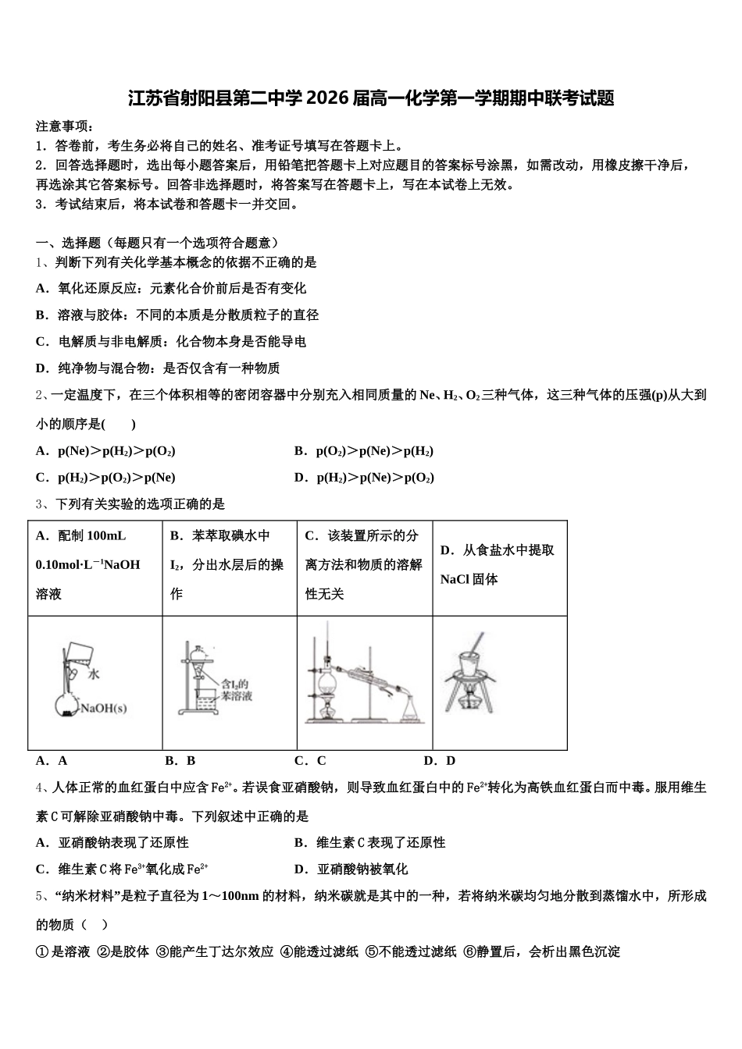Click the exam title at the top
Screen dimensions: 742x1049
click(x=371, y=98)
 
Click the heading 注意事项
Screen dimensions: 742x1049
click(x=65, y=126)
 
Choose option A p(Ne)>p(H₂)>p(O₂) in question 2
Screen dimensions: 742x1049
click(x=105, y=451)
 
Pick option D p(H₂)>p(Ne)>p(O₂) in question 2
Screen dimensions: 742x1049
click(x=364, y=478)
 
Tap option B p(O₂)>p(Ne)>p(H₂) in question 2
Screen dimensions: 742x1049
click(x=364, y=451)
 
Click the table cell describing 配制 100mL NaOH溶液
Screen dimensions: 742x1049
click(x=95, y=565)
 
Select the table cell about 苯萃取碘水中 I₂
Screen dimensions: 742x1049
click(x=229, y=565)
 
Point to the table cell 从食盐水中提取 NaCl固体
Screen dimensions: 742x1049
click(x=499, y=564)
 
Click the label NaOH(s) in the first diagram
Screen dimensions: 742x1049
click(x=105, y=709)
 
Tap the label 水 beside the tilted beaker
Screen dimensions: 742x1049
click(x=95, y=672)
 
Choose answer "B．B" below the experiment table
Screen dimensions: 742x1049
click(x=180, y=760)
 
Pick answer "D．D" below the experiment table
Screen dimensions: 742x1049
click(x=439, y=760)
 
